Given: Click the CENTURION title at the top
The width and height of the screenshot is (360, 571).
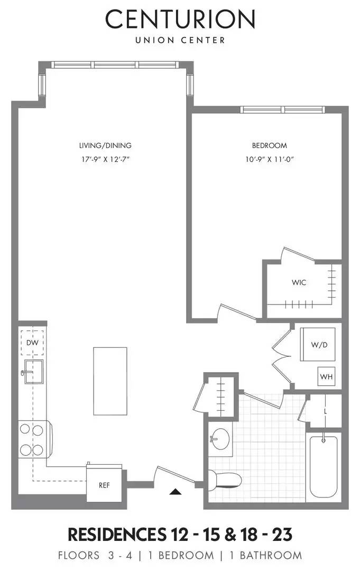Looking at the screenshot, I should [180, 20].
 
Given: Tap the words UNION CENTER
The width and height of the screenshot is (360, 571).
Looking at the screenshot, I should [180, 40].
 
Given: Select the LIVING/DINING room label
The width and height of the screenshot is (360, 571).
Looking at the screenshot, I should [105, 145].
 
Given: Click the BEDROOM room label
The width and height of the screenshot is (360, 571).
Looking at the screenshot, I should [269, 145].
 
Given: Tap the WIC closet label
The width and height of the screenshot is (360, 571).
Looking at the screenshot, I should [299, 282].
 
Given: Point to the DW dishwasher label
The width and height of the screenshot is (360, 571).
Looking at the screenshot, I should [32, 343].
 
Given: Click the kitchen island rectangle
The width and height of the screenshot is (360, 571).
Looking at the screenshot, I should [110, 381].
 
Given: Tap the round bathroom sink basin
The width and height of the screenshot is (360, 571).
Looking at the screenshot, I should [219, 439].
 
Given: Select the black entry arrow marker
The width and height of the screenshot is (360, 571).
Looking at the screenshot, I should [176, 492].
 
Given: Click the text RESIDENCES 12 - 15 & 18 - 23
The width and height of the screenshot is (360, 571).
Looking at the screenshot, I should [180, 535].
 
